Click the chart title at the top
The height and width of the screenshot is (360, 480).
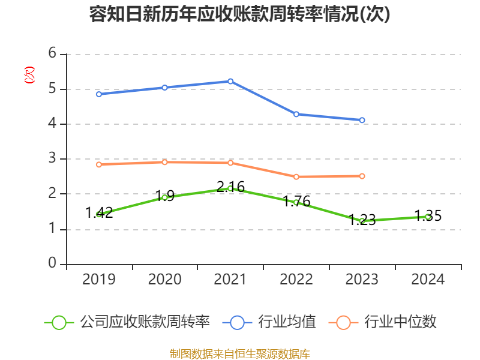[x=239, y=14]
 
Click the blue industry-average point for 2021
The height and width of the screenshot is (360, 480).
[x=230, y=81]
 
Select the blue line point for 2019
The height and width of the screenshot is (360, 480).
[x=99, y=94]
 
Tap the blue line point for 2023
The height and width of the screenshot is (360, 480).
[x=362, y=120]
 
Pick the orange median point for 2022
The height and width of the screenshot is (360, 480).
[x=296, y=176]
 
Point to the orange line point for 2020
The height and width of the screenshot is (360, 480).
[x=165, y=162]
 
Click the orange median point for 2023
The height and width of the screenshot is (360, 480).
[x=362, y=176]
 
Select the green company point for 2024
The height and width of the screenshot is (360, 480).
[x=428, y=217]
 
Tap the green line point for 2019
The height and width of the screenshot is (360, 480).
[x=99, y=214]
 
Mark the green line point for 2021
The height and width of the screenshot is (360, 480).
[x=230, y=188]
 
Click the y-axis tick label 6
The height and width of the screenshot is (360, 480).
[x=52, y=54]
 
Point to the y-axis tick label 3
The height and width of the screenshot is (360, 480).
[x=52, y=159]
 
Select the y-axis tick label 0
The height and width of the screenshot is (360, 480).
[x=52, y=264]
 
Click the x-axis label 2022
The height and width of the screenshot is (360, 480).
[x=296, y=280]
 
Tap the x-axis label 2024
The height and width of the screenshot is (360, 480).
[x=428, y=280]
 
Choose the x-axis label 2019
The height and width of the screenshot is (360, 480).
[x=99, y=280]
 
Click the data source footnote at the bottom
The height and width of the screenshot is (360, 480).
[x=239, y=353]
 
